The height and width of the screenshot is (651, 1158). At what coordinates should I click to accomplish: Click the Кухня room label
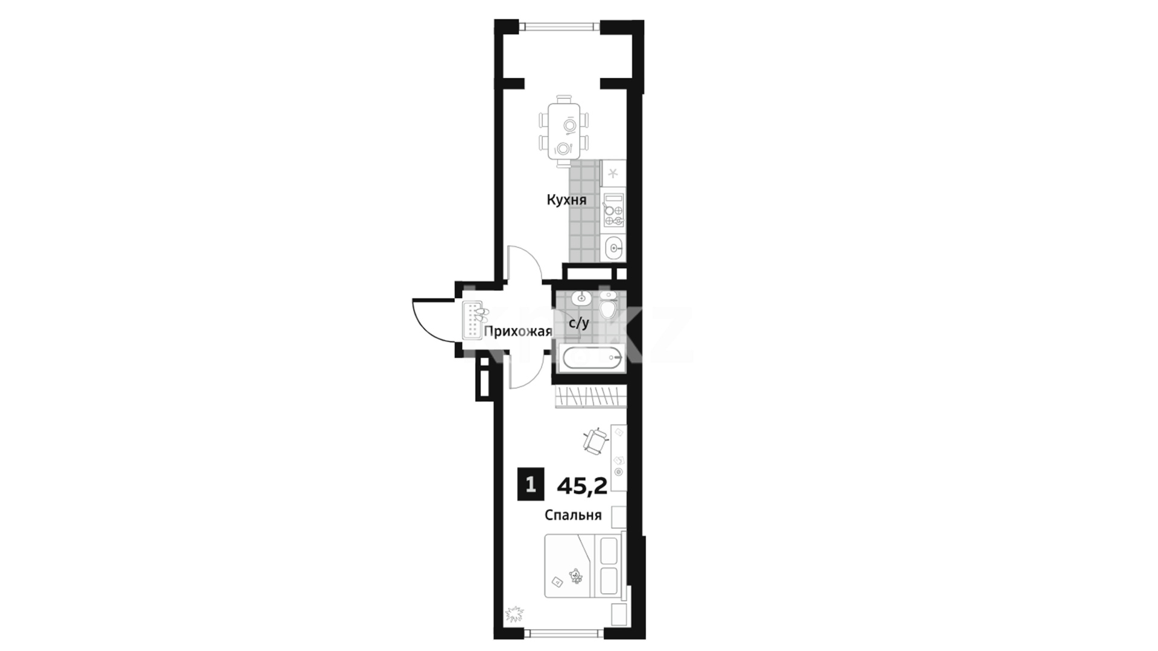point(566,200)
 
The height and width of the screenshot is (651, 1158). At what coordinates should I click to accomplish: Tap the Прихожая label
point(518,332)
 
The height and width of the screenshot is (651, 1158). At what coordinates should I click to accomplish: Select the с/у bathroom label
point(579,323)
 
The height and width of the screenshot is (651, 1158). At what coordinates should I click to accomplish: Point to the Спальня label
point(573,515)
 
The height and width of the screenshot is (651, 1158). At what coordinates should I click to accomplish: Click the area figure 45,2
point(582,486)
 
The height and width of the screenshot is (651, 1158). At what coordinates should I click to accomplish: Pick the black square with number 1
point(531,485)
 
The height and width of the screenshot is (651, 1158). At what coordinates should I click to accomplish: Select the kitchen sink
point(614,247)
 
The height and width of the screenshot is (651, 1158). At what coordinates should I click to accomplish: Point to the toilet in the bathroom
point(608,306)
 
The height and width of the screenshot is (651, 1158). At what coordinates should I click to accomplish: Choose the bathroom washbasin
point(581,297)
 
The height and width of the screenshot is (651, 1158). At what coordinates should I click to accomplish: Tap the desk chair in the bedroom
point(596,441)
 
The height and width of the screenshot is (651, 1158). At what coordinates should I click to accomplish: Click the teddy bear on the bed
point(577,577)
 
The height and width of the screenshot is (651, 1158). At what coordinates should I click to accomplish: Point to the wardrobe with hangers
point(590,397)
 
